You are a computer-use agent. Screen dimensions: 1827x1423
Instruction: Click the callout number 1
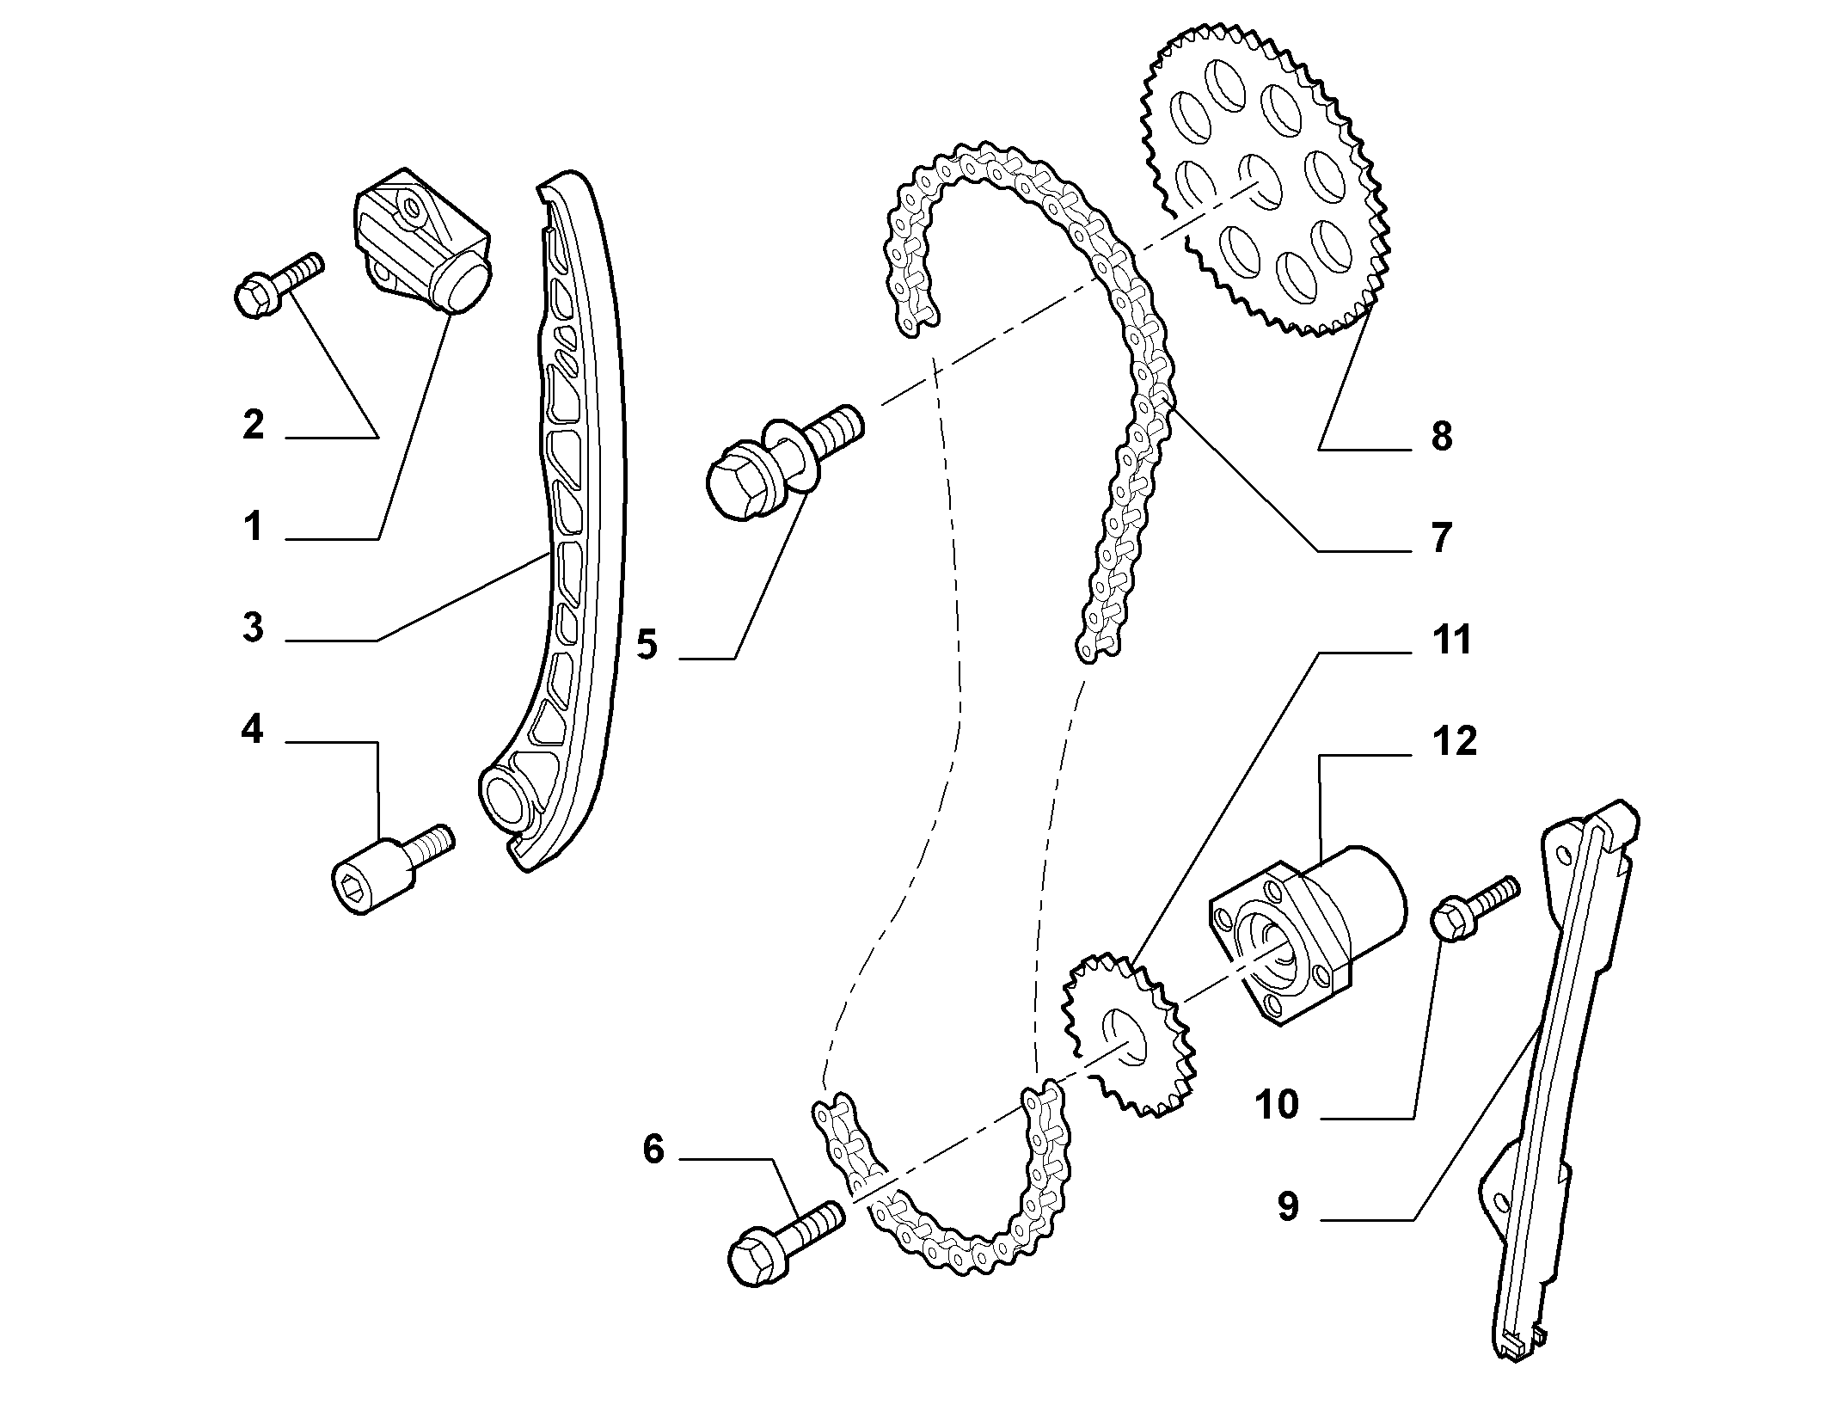coord(253,526)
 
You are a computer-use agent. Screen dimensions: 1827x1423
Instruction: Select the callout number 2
coord(253,425)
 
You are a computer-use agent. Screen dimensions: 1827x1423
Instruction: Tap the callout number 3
coord(253,627)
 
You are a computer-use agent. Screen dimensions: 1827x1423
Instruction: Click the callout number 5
coord(647,644)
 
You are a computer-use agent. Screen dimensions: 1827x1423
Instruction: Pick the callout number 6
coord(653,1150)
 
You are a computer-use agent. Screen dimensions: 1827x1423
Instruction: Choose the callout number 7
coord(1441,537)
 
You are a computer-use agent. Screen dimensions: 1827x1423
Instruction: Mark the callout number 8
coord(1442,436)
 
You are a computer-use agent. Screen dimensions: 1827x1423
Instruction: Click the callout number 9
coord(1287,1205)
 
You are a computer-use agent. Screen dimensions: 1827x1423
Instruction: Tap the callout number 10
coord(1277,1105)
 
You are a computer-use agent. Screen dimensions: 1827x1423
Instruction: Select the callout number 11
coord(1451,640)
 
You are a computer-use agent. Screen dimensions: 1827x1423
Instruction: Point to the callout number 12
coord(1453,740)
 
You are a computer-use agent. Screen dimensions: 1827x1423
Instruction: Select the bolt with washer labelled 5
coord(782,462)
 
